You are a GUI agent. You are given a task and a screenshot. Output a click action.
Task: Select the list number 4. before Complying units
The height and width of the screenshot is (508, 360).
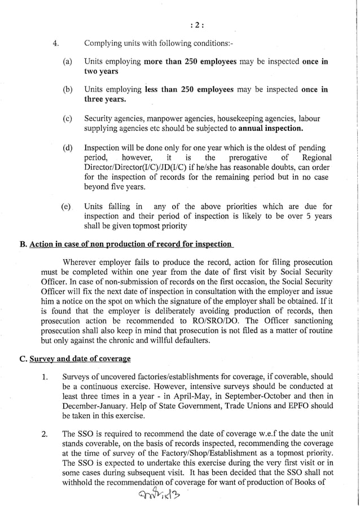55,43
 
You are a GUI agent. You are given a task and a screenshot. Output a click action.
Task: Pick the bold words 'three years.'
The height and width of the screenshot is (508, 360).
104,99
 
